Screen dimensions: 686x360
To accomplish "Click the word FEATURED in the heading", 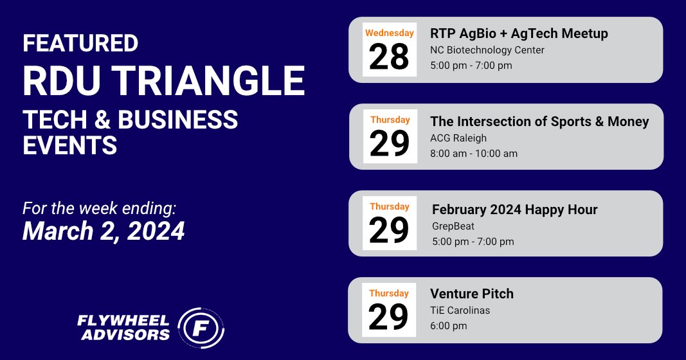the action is (80, 43).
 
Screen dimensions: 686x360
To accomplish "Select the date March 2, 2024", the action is (104, 231).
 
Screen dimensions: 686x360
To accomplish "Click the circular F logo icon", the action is (201, 328).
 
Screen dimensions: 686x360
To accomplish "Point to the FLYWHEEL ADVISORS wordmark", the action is (123, 328).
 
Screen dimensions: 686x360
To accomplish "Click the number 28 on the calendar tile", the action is (389, 57).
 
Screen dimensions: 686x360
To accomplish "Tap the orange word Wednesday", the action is (390, 33).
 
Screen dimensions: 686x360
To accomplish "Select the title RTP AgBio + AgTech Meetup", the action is (519, 33).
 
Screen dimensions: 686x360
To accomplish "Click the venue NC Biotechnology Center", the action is (487, 50).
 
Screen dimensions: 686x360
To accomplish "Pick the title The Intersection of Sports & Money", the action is (539, 122).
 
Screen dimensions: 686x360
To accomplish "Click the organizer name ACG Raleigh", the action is (458, 138).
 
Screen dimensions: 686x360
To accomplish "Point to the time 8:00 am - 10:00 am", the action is (474, 154).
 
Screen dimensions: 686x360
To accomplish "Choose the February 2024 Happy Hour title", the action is (514, 210).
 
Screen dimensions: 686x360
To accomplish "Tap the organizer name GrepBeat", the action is (453, 226).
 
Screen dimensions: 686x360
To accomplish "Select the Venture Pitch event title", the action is (472, 294).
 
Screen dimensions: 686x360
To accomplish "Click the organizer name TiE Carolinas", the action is (460, 310).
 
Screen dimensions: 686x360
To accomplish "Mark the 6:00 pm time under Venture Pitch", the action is (448, 326).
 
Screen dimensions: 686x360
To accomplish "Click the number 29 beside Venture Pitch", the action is (388, 317).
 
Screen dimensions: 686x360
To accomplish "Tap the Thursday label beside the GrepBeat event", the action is (390, 206).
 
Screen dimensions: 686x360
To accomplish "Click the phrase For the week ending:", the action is (99, 208).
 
